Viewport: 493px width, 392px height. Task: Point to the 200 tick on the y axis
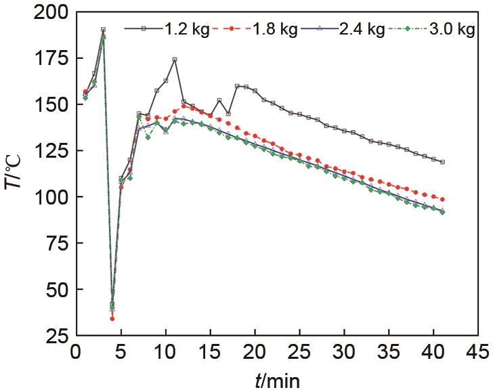pyautogui.click(x=52, y=13)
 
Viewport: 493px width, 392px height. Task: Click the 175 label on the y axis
pyautogui.click(x=52, y=59)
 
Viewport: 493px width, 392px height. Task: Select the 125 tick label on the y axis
pyautogui.click(x=52, y=151)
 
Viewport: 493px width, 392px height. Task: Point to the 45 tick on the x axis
pyautogui.click(x=478, y=353)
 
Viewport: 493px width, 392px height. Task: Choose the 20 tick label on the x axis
pyautogui.click(x=255, y=353)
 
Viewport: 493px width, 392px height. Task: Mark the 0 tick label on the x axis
pyautogui.click(x=76, y=353)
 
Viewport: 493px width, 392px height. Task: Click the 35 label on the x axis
pyautogui.click(x=389, y=353)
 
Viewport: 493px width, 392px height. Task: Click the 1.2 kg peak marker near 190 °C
pyautogui.click(x=103, y=30)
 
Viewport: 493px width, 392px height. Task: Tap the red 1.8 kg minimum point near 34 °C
pyautogui.click(x=112, y=318)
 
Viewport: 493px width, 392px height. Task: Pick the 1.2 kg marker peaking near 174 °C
pyautogui.click(x=175, y=60)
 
